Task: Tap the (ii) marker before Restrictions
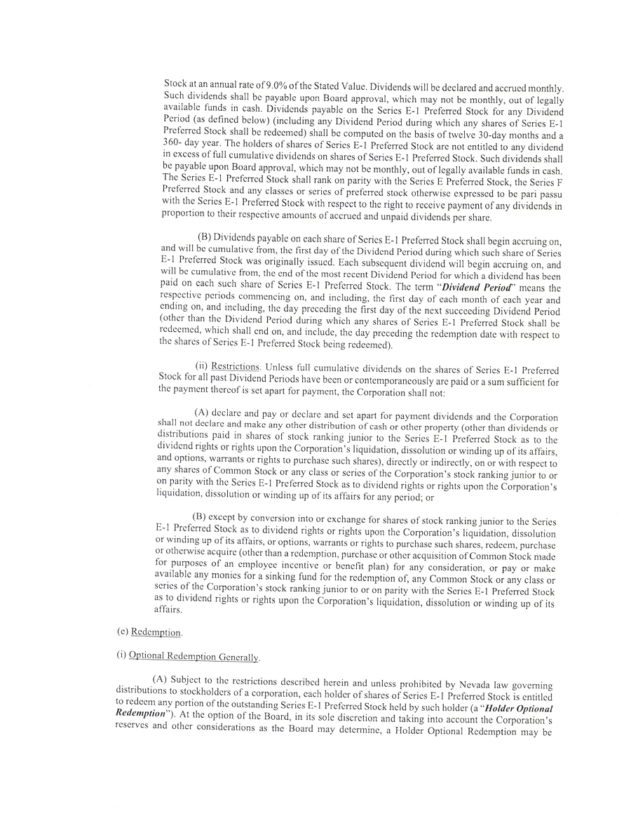[x=201, y=366]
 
